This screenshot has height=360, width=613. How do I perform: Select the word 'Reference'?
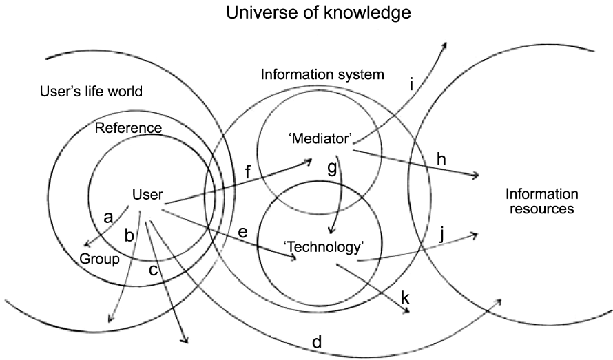(128, 128)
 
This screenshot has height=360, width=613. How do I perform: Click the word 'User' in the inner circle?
(147, 195)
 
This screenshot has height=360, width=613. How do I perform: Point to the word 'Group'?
(100, 260)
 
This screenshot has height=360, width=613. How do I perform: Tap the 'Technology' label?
(323, 246)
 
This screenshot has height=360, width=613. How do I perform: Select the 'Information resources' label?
(541, 201)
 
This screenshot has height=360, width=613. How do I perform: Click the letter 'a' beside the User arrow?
(107, 218)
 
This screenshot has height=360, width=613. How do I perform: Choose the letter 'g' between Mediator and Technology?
(331, 170)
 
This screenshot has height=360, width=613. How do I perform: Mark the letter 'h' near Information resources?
(441, 159)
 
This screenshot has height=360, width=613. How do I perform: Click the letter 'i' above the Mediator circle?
(411, 85)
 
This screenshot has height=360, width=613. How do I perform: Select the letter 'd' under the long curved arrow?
(317, 342)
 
